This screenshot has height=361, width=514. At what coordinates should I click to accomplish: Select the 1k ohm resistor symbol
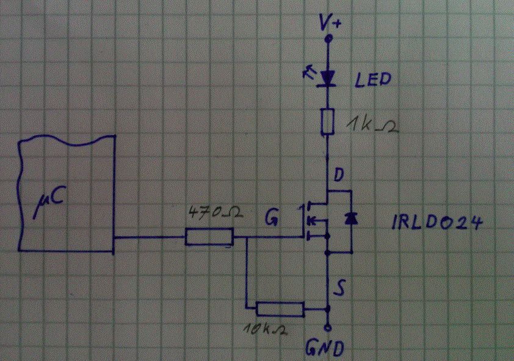point(328,121)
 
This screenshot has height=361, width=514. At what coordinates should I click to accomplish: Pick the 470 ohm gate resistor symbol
point(209,237)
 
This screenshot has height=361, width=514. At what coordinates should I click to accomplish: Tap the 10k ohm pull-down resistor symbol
point(280,309)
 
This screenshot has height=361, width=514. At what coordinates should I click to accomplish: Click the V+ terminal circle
point(328,39)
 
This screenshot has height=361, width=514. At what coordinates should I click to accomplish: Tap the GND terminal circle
point(328,326)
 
